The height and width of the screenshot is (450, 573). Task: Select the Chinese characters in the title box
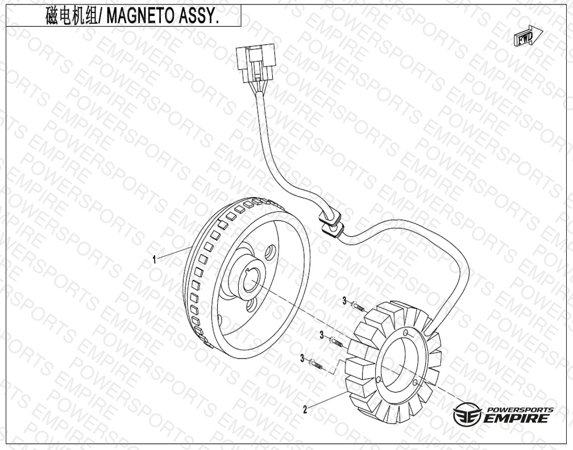[x=72, y=16]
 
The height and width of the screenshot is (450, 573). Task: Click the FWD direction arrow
[x=528, y=36]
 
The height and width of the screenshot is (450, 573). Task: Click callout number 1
[x=155, y=260]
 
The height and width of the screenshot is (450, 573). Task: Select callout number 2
[x=305, y=410]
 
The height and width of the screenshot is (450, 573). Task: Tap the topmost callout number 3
[x=344, y=301]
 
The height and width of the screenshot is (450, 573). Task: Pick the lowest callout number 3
[x=302, y=359]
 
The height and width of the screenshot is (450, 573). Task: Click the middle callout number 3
[x=322, y=335]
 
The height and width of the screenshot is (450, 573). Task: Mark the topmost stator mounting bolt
[x=358, y=306]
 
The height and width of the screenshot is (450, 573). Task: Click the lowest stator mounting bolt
[x=317, y=365]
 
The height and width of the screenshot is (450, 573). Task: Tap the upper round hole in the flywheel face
[x=270, y=252]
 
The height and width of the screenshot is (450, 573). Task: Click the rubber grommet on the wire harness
[x=331, y=223]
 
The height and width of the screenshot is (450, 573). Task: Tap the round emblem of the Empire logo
[x=467, y=414]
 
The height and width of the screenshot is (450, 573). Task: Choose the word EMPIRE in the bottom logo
[x=517, y=418]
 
